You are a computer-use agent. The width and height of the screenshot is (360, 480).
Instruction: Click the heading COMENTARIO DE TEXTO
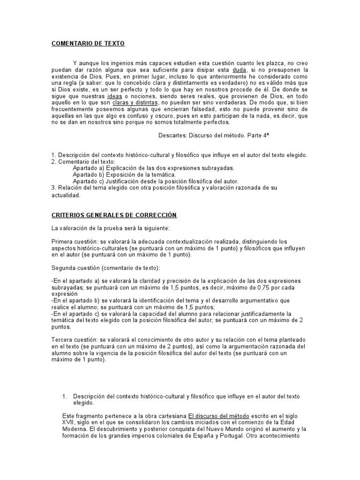point(88,44)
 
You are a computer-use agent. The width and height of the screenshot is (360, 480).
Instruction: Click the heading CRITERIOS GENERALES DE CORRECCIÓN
point(114,215)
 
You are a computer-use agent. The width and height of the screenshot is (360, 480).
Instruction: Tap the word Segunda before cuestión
point(64,268)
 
